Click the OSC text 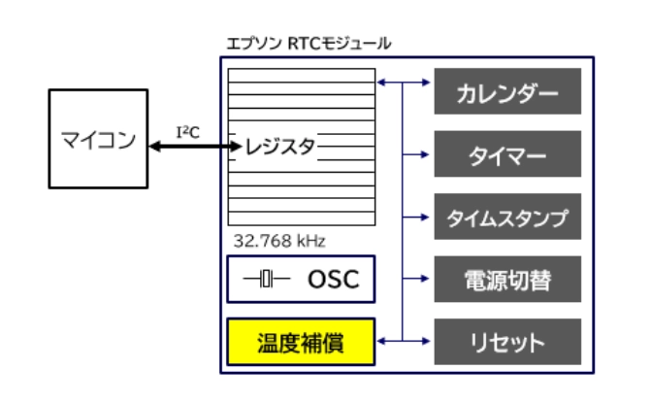pos(332,281)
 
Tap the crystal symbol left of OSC pos(266,281)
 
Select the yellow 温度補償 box pos(300,342)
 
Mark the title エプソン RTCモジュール pos(309,44)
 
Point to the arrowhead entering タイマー pos(424,154)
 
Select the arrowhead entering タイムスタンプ pos(424,217)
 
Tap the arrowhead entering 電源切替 pos(424,280)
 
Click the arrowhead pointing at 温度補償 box pos(381,342)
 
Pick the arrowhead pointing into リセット pos(424,342)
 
